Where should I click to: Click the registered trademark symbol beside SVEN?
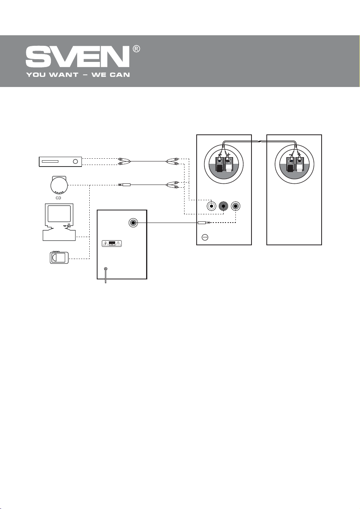[x=136, y=49]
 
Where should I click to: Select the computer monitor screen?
[x=59, y=214]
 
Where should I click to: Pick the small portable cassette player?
[x=59, y=258]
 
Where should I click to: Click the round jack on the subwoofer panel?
[x=133, y=223]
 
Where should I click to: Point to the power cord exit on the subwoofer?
[x=106, y=269]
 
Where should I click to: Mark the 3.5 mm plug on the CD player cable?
[x=125, y=184]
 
